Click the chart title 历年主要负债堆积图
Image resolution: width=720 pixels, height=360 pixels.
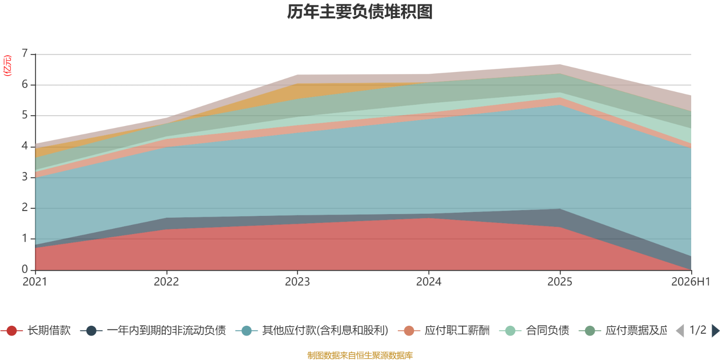pyautogui.click(x=360, y=12)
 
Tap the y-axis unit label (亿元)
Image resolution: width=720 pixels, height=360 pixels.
pyautogui.click(x=7, y=66)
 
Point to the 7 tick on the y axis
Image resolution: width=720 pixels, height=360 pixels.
pyautogui.click(x=25, y=53)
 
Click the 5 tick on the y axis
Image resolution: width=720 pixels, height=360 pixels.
pyautogui.click(x=25, y=115)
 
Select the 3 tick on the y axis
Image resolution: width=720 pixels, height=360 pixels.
pyautogui.click(x=25, y=177)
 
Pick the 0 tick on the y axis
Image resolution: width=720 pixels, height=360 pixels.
pyautogui.click(x=25, y=270)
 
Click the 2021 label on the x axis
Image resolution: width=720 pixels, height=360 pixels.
pyautogui.click(x=35, y=282)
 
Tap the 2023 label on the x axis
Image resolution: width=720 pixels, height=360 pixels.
pyautogui.click(x=297, y=282)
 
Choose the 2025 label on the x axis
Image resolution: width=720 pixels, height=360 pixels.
pyautogui.click(x=560, y=282)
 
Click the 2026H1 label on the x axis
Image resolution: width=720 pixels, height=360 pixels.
pyautogui.click(x=690, y=282)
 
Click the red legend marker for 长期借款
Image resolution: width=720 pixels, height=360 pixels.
pyautogui.click(x=12, y=330)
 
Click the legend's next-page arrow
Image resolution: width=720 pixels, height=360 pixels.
pyautogui.click(x=715, y=330)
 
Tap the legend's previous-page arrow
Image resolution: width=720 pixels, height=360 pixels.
pyautogui.click(x=680, y=330)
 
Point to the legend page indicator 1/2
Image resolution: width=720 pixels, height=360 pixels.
pyautogui.click(x=698, y=330)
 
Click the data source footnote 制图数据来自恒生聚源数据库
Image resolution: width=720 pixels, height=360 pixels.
pyautogui.click(x=360, y=355)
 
